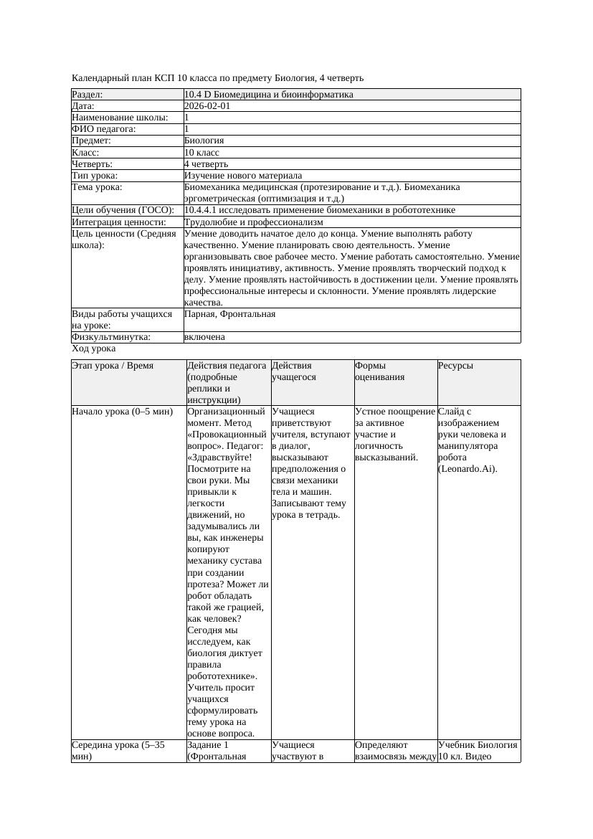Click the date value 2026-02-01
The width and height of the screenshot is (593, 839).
(207, 106)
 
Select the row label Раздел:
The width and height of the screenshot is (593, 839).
(87, 95)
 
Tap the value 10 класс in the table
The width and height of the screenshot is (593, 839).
(201, 153)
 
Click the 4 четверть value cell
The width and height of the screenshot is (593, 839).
(206, 164)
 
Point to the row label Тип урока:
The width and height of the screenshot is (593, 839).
(95, 176)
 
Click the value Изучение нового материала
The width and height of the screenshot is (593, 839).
(243, 176)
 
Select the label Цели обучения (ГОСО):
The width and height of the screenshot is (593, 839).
(123, 210)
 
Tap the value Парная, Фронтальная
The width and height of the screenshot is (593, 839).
(229, 314)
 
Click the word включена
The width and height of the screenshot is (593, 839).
(204, 337)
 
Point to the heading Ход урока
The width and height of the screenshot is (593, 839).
(94, 349)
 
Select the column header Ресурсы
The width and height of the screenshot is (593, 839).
(455, 366)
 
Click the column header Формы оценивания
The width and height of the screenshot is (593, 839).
(379, 371)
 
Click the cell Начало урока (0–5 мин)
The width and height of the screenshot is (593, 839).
(123, 412)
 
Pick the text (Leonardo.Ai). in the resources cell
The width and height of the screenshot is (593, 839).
(468, 469)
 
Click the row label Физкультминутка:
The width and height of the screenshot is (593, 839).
(111, 337)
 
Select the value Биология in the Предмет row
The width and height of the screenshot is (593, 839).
(204, 141)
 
